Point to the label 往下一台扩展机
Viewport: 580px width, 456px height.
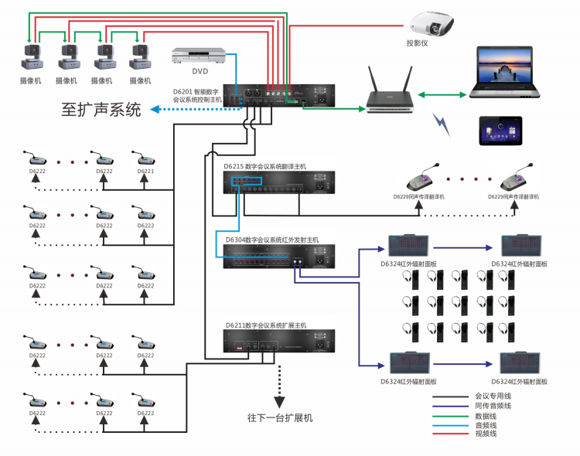[280, 417]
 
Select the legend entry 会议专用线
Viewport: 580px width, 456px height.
[492, 396]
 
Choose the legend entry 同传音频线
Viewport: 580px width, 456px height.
[492, 406]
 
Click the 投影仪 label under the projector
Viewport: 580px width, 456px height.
[417, 43]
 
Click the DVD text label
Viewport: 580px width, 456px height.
[200, 71]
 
